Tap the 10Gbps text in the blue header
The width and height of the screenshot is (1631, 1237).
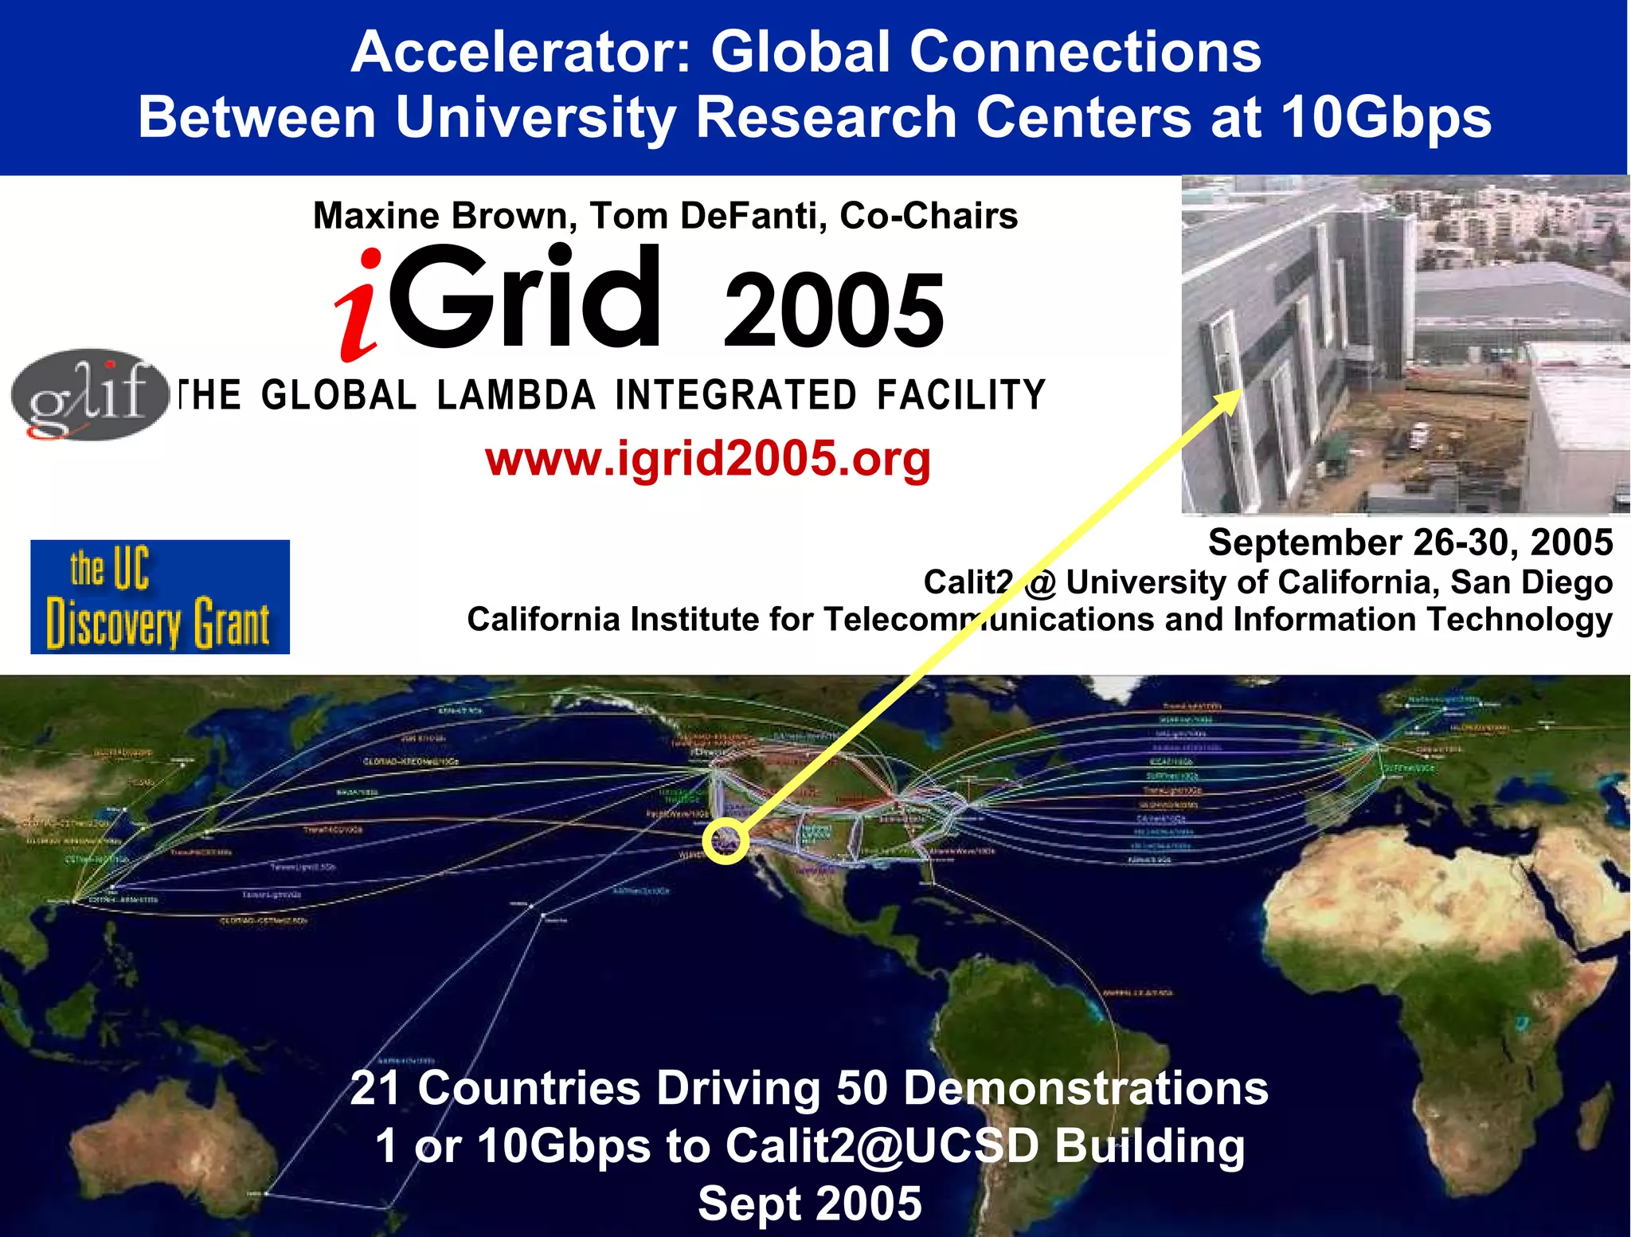tap(1386, 118)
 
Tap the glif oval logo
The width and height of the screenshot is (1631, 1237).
tap(89, 393)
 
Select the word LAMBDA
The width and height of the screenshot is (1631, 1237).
tap(516, 396)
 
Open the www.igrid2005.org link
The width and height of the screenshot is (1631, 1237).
tap(707, 460)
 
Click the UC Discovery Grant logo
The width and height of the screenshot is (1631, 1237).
tap(160, 597)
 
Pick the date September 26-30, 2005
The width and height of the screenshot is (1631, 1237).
tap(1410, 542)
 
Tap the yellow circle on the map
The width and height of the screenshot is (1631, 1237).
tap(726, 840)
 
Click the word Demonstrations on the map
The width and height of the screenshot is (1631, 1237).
tap(1086, 1088)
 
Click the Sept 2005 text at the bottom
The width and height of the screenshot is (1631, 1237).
tap(810, 1204)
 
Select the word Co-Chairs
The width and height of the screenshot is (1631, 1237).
tap(928, 216)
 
